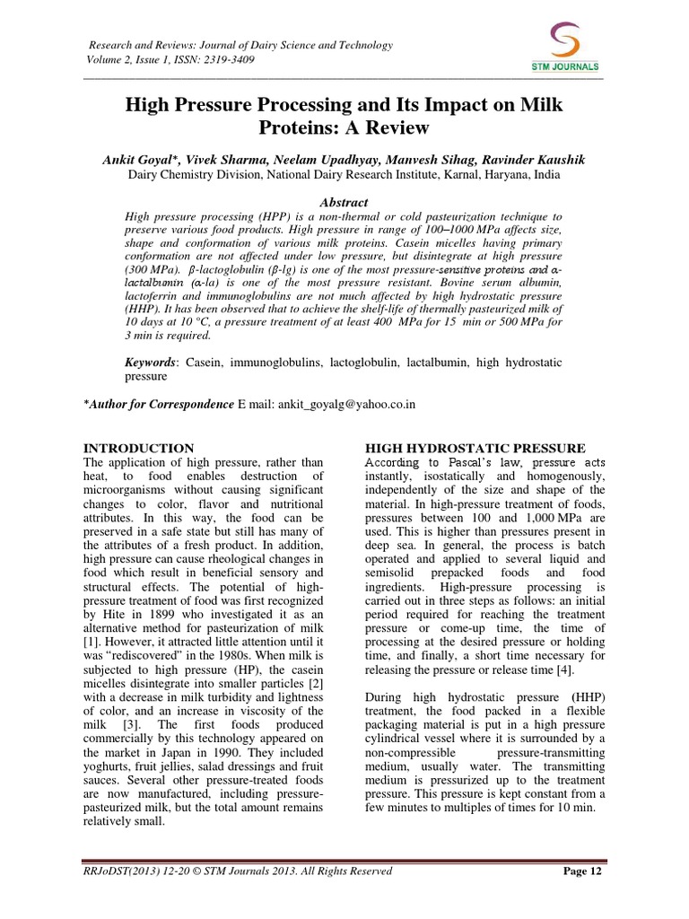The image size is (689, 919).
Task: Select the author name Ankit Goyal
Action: [139, 159]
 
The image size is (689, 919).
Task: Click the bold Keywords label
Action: [152, 360]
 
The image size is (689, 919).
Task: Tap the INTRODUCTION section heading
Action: [138, 448]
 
